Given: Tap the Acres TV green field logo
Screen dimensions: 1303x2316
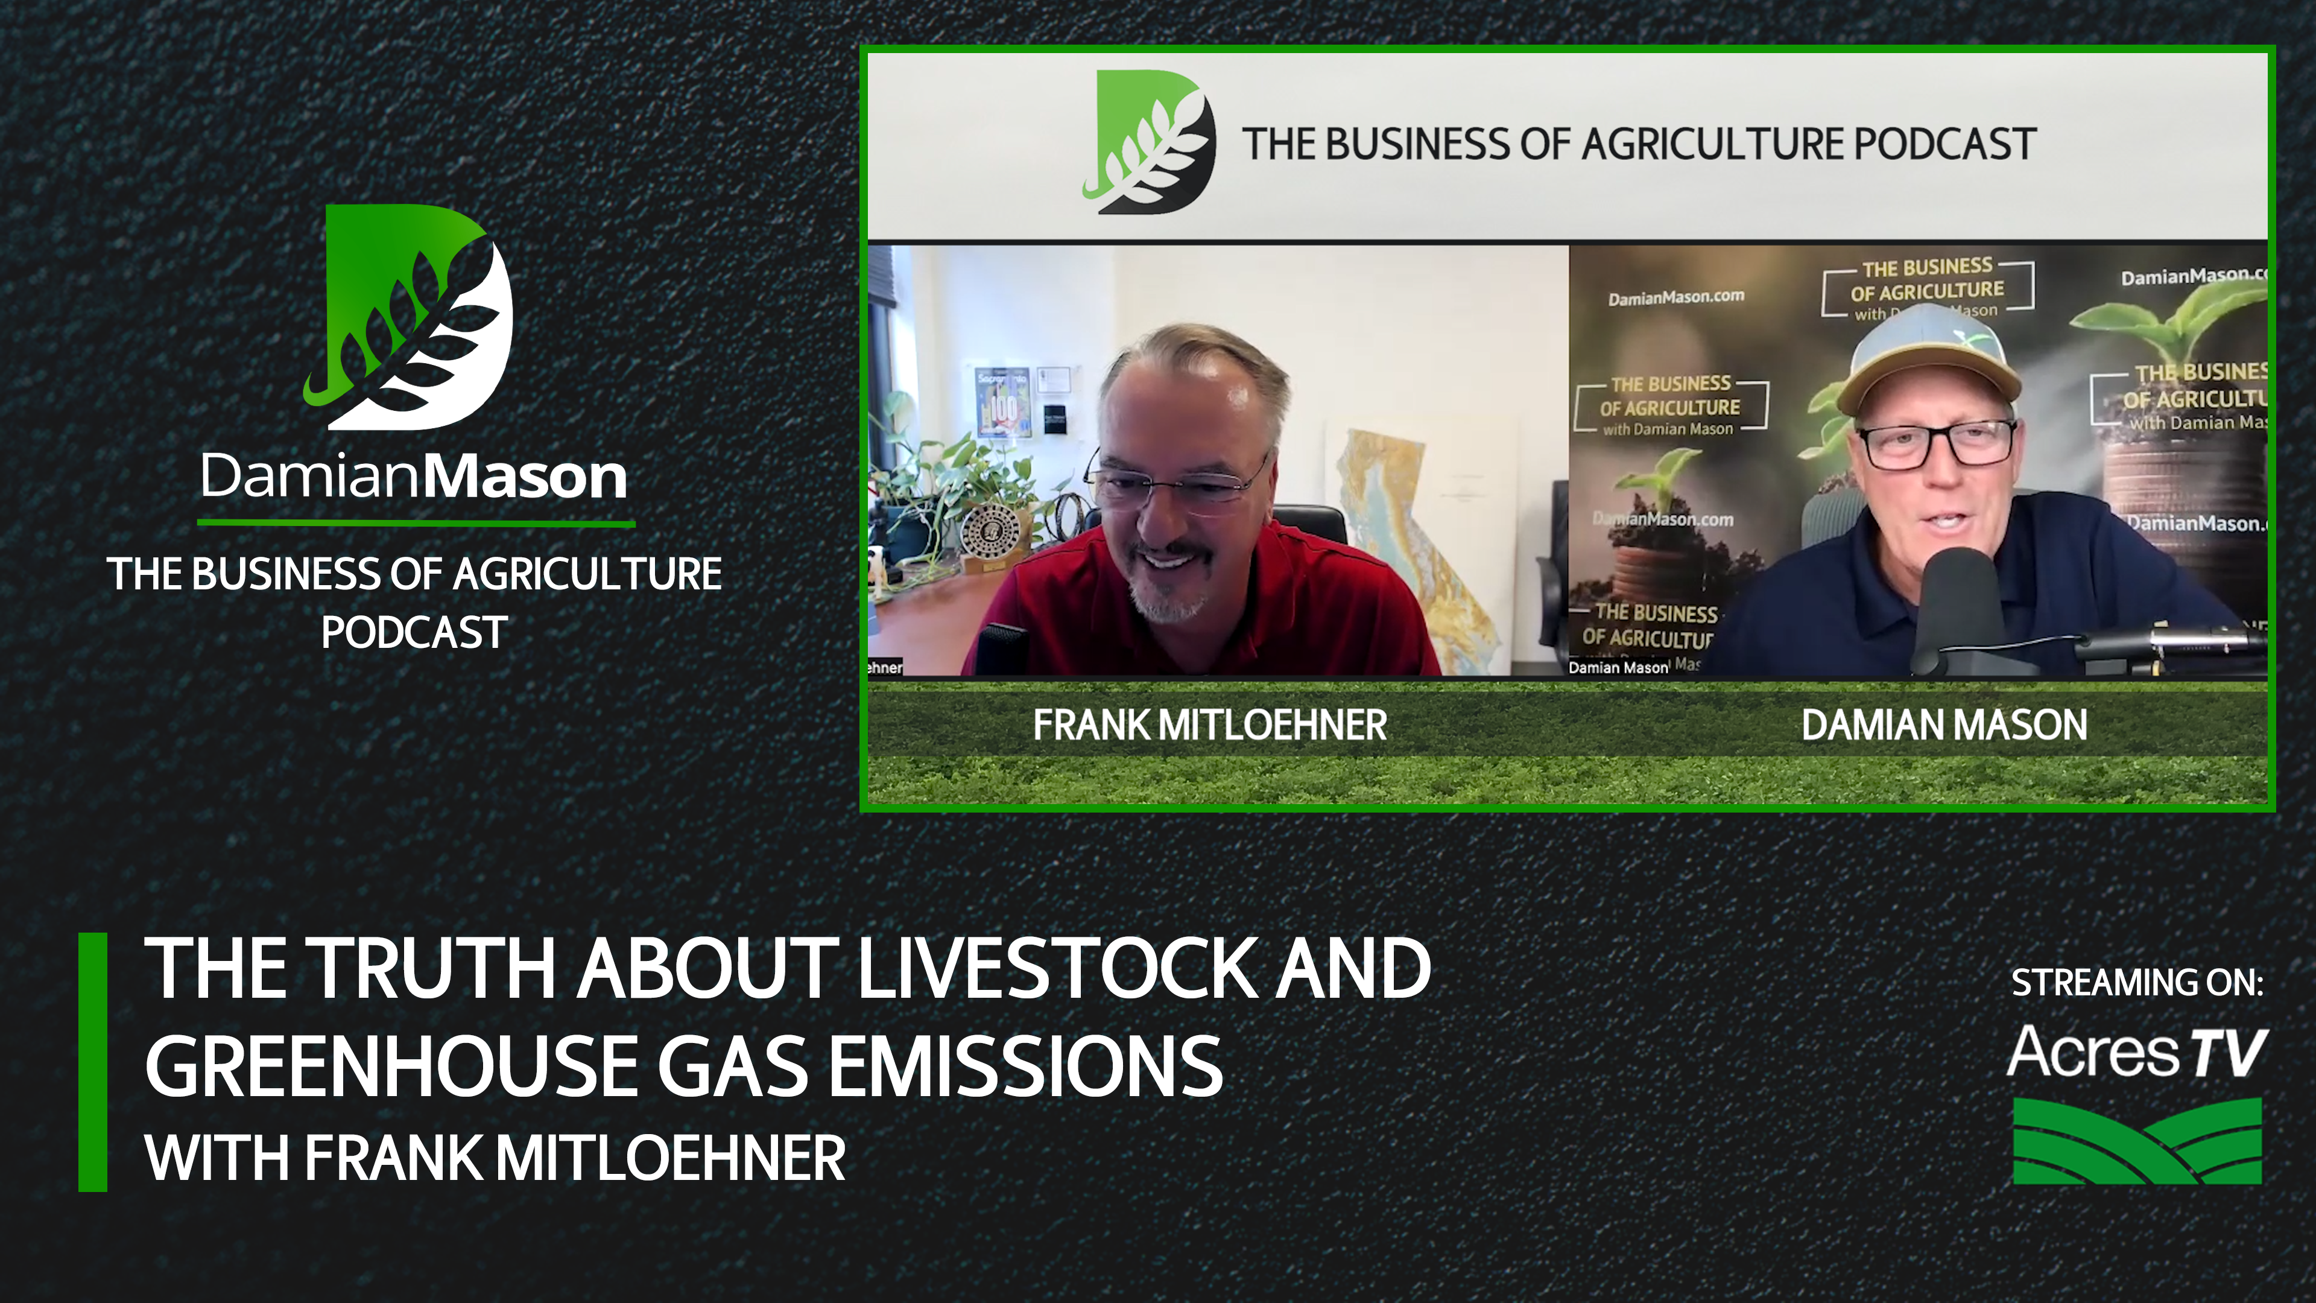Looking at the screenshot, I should tap(2137, 1140).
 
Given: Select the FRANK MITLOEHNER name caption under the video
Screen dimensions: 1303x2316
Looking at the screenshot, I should tap(1209, 724).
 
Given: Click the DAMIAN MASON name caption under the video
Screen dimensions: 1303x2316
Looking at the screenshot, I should tap(1944, 724).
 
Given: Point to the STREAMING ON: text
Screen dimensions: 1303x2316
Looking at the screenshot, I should tap(2137, 983).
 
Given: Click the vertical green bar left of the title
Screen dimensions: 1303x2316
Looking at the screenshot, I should tap(93, 1062).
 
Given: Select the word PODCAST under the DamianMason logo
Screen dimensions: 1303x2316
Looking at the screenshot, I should tap(414, 632).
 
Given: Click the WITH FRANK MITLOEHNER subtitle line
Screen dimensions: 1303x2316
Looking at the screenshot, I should tap(495, 1158).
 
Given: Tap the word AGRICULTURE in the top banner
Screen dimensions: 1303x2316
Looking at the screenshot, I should tap(1708, 144).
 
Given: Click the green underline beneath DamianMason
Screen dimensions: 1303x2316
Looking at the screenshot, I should tap(416, 522).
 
